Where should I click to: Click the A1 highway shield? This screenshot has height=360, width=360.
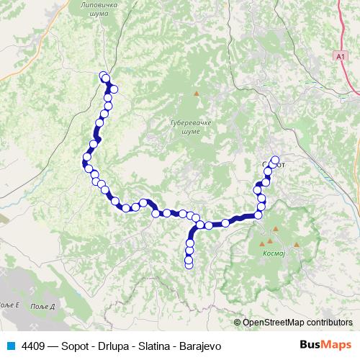[x=340, y=55]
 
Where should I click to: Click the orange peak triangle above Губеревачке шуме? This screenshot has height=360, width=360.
[x=196, y=94]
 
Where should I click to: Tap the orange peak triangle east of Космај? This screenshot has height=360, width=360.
[x=296, y=246]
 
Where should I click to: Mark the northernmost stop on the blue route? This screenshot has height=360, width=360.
[x=104, y=75]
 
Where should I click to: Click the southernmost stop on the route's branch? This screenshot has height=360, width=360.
[x=189, y=264]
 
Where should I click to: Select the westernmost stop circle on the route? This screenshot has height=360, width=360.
[x=86, y=157]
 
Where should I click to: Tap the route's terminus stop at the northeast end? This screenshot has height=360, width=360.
[x=274, y=160]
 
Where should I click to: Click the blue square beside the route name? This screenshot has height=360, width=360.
[x=10, y=345]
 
